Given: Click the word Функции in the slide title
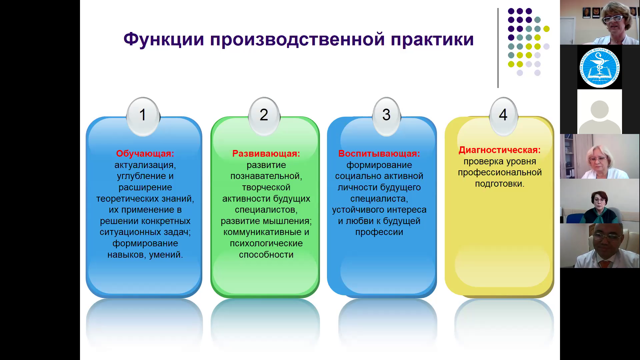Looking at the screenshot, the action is click(164, 40).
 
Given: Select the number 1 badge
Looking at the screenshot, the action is click(143, 116).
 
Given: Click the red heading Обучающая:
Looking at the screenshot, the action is click(145, 154).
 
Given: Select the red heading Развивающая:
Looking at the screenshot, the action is click(266, 154).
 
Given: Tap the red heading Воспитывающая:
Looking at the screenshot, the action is click(379, 154).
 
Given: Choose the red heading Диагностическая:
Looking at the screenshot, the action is click(500, 150).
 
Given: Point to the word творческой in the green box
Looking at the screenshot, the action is click(266, 188).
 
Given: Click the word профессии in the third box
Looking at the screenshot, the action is click(379, 232).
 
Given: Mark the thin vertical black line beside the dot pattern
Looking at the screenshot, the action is click(498, 48).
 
